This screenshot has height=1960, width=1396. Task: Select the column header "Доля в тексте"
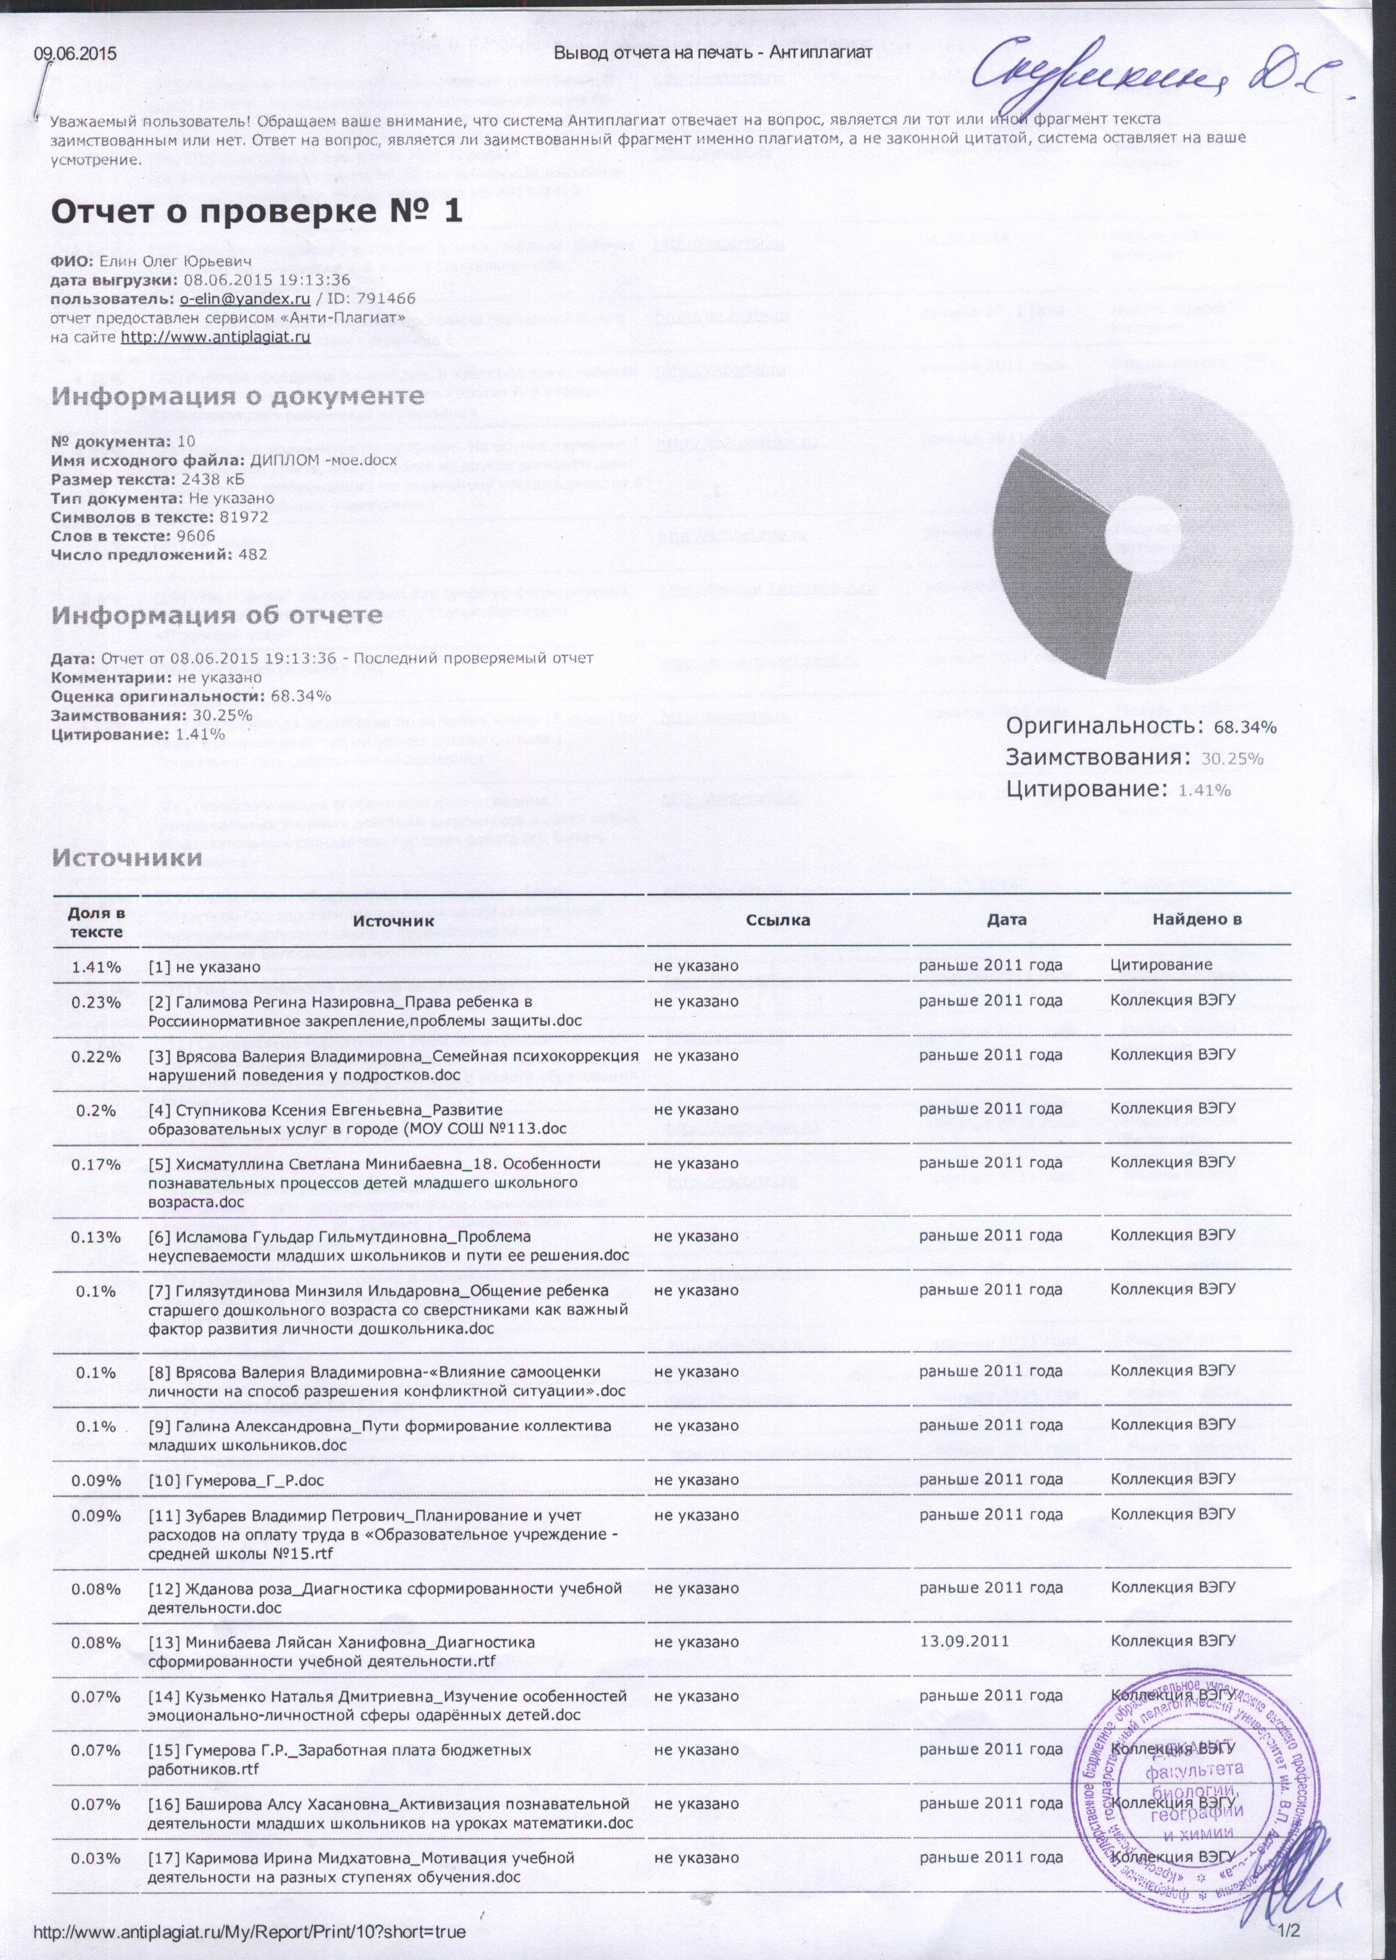coord(96,921)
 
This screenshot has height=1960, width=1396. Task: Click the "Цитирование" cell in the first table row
coord(1161,965)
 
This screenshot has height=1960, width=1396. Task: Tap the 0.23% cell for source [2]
coord(96,1001)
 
